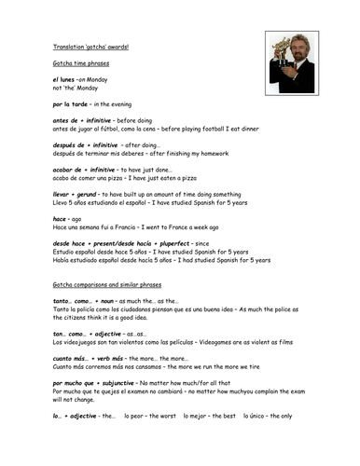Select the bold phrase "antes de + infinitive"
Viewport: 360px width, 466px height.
(x=87, y=126)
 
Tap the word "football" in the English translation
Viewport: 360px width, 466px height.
(x=208, y=133)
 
